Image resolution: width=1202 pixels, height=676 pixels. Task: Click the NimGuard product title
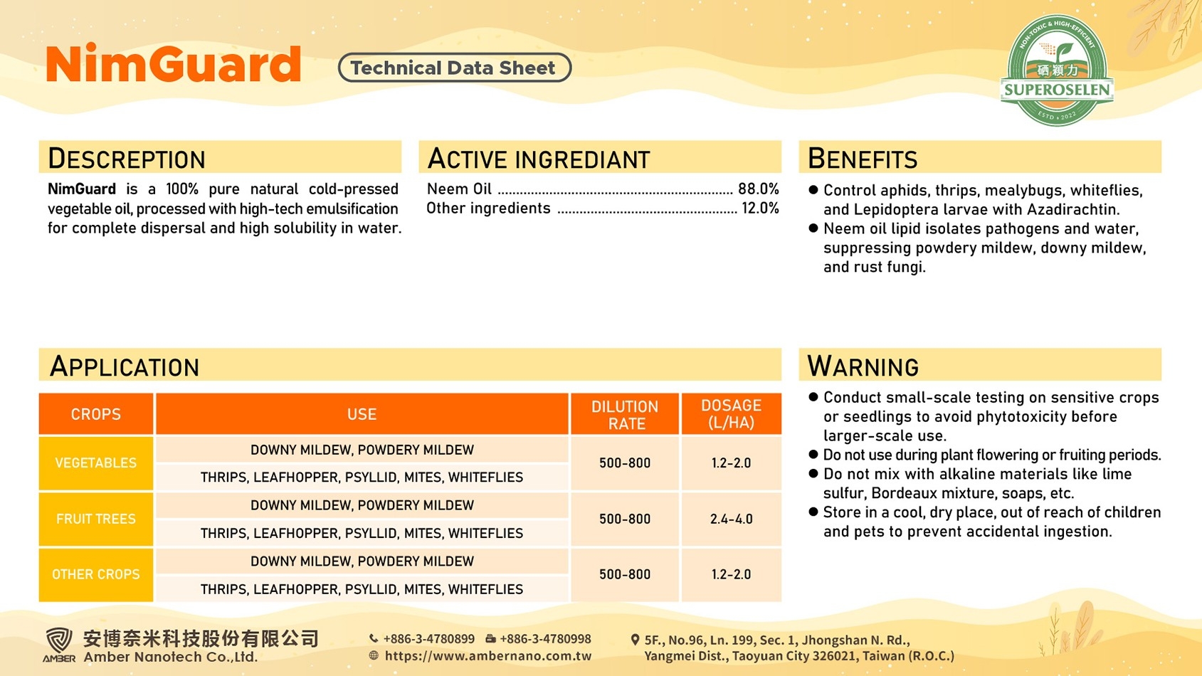click(174, 63)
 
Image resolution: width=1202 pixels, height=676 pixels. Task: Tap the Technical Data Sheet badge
click(455, 68)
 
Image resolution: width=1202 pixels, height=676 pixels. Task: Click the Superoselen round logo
click(1057, 70)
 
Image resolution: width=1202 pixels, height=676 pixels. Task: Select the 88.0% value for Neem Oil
click(758, 189)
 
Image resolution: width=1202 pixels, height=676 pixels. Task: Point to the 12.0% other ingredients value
click(760, 208)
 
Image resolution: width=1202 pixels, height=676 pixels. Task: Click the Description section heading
click(127, 158)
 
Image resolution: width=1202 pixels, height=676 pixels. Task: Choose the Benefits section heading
click(863, 158)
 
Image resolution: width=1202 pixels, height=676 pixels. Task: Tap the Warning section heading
click(863, 366)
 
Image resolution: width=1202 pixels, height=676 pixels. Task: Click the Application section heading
click(125, 366)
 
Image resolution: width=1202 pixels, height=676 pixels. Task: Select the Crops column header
click(96, 414)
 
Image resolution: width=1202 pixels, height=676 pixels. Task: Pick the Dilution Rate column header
click(625, 414)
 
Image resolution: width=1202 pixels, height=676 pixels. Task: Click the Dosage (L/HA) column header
click(732, 414)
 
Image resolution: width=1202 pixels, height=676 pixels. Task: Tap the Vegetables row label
click(96, 463)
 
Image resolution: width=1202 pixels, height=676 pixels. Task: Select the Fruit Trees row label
click(96, 519)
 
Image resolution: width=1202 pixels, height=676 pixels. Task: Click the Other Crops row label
click(96, 575)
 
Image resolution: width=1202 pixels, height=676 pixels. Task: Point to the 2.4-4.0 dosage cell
click(732, 519)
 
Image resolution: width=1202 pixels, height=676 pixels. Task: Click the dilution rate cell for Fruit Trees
click(625, 519)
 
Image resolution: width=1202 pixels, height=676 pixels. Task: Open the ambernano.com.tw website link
click(487, 656)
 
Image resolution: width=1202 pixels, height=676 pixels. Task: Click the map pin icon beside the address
click(635, 640)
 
